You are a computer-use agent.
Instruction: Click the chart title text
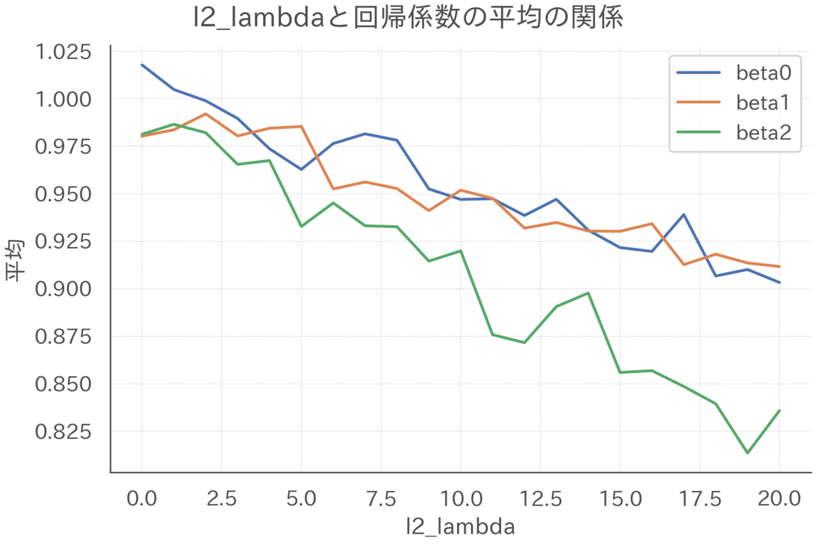tap(408, 19)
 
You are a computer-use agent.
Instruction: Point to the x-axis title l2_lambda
tap(460, 526)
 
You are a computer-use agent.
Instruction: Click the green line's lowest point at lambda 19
tap(747, 453)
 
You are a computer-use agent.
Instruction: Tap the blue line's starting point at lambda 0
tap(142, 65)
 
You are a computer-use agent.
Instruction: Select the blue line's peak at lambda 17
tap(684, 214)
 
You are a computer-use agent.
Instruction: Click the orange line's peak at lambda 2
tap(206, 114)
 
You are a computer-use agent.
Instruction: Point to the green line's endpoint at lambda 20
tap(779, 411)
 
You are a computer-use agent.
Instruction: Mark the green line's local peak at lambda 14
tap(588, 293)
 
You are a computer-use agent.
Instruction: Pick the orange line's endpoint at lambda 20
tap(779, 267)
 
